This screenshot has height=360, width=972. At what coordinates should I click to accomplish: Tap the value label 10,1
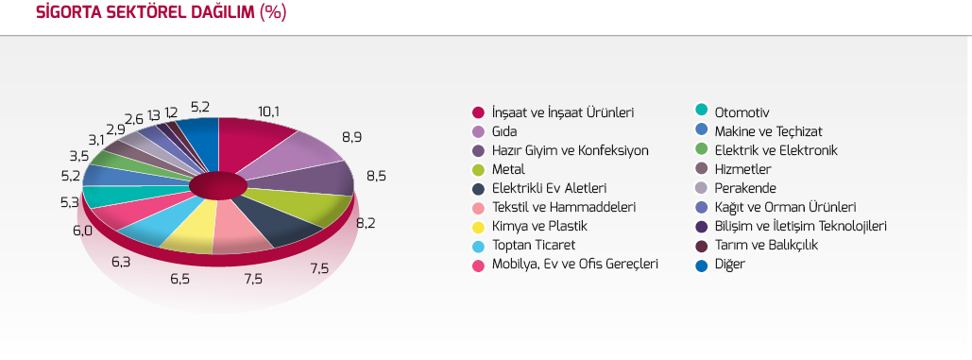point(268,111)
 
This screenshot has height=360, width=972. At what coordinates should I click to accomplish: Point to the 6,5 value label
point(179,278)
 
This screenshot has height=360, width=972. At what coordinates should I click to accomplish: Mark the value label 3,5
point(79,155)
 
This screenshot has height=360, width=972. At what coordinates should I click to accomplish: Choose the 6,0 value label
point(82,231)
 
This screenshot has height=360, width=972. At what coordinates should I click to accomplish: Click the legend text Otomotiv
point(742,112)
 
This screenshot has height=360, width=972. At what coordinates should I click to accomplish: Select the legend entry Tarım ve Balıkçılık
point(766,246)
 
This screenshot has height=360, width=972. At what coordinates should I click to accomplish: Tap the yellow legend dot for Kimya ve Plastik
point(477,226)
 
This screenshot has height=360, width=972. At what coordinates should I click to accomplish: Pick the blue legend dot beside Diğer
point(701,264)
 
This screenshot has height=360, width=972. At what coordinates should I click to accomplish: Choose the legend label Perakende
point(745,188)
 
